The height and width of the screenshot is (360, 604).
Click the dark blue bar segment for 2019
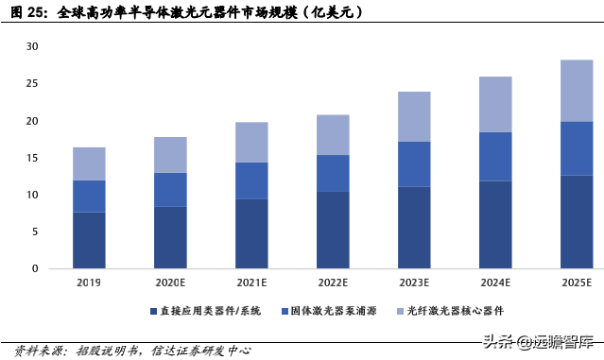[89, 240]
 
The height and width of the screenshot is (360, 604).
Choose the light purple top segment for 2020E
[170, 155]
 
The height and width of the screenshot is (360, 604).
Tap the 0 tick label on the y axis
[35, 268]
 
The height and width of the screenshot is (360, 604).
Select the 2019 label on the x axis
[89, 283]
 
